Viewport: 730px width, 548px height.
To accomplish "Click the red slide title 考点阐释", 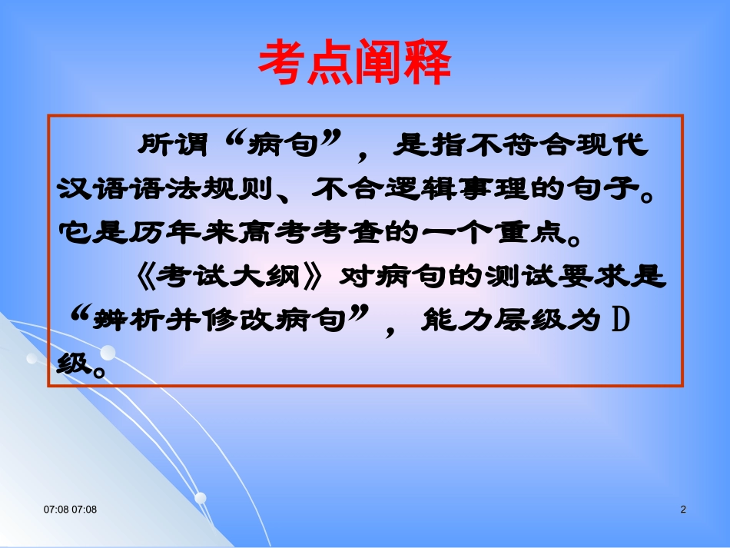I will point(354,63).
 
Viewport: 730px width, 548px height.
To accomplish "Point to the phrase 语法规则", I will point(199,188).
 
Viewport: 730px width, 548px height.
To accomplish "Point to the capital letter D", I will point(619,317).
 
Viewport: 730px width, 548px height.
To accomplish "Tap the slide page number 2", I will point(683,510).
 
